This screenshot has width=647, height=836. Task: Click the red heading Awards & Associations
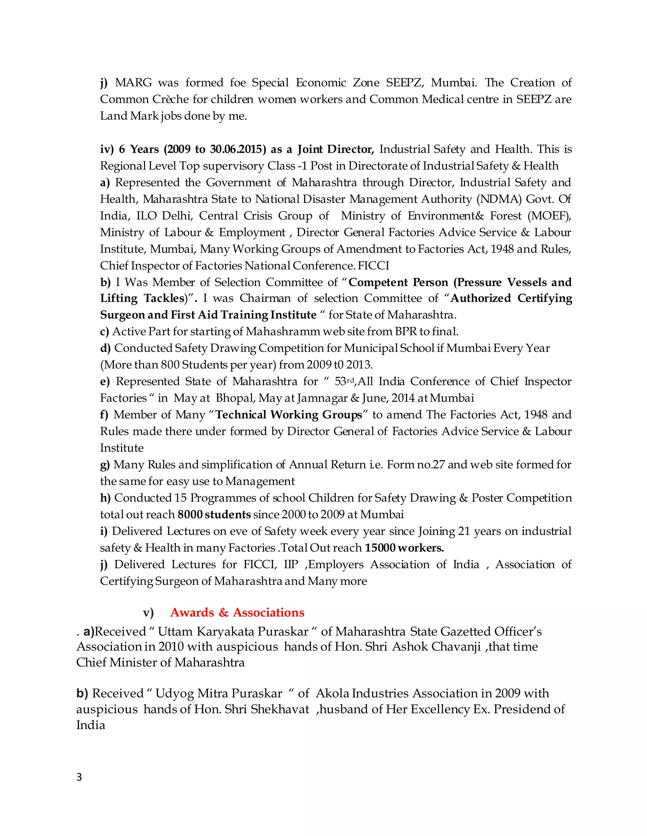coord(237,612)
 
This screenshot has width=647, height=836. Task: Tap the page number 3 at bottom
coord(79,777)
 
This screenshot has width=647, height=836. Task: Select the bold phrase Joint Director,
coord(336,149)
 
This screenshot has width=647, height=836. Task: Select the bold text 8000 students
coord(214,515)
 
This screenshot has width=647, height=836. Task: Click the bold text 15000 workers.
coord(404,548)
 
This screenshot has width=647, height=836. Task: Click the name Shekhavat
coord(280,709)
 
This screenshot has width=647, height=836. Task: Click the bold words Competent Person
coord(398,282)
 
